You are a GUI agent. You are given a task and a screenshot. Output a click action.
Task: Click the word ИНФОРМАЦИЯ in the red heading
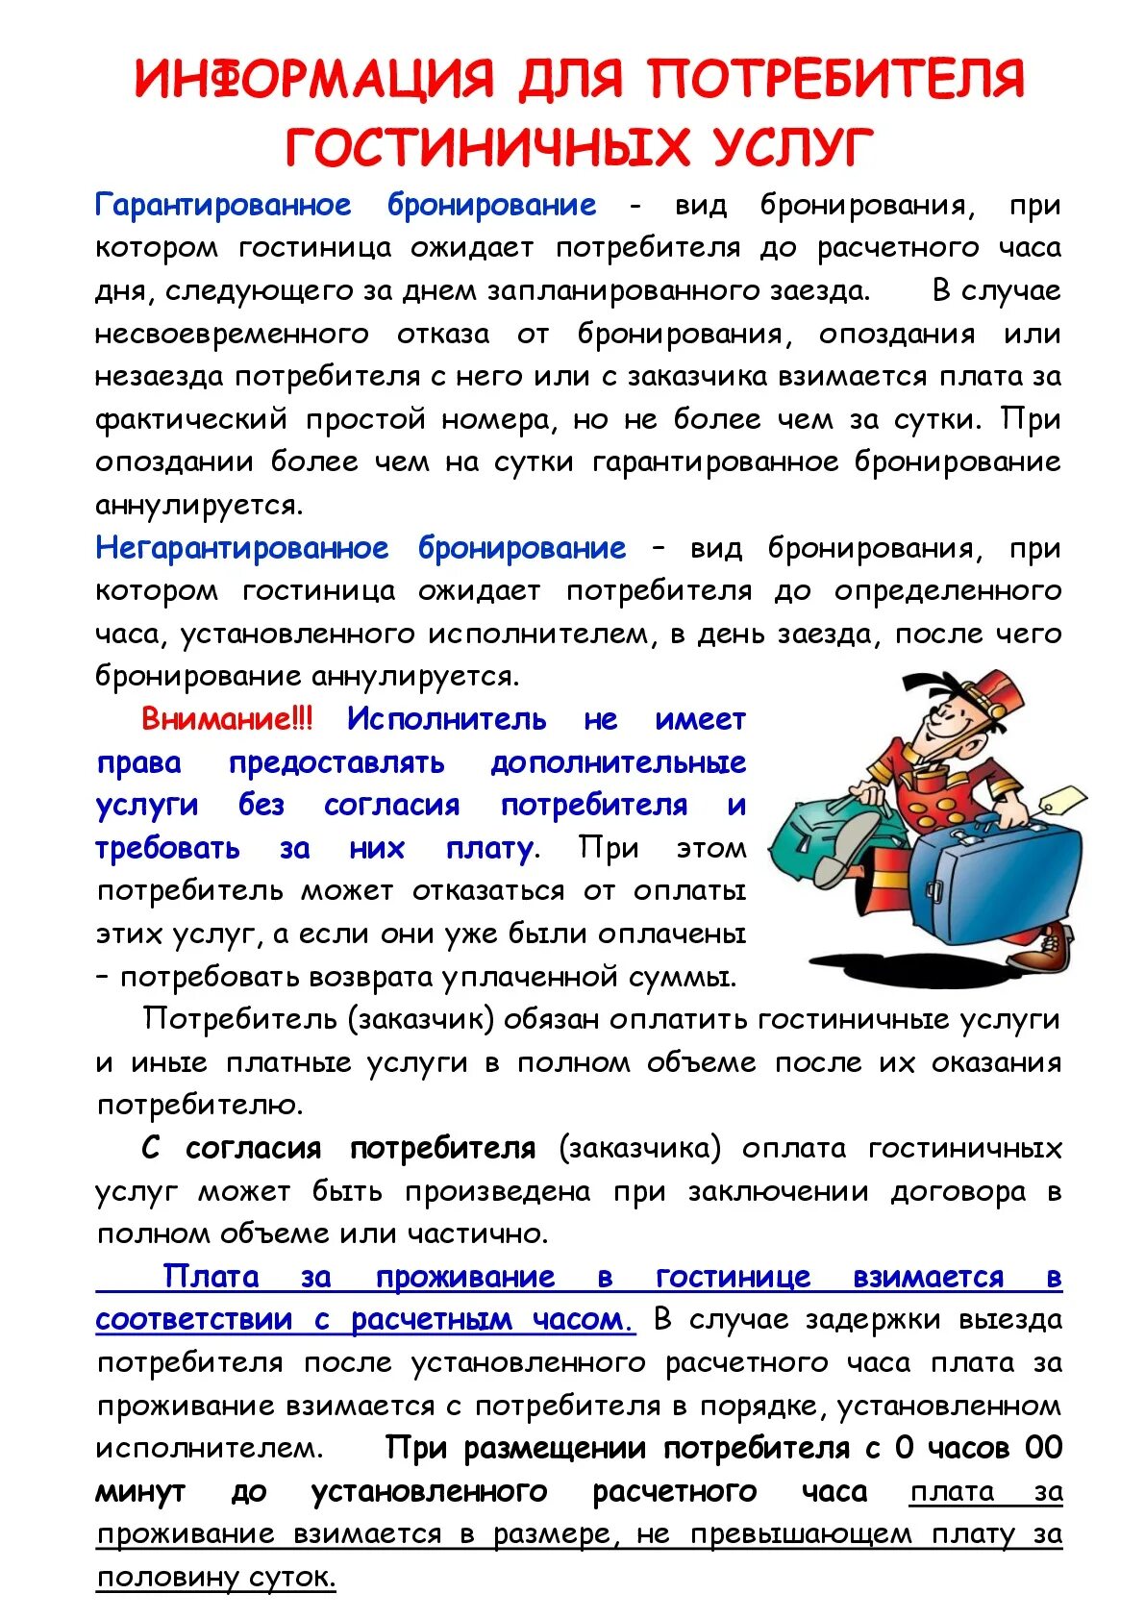coord(313,79)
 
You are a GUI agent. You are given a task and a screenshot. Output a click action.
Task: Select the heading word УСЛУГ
coord(792,148)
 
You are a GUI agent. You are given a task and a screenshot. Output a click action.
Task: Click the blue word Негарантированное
coord(241,548)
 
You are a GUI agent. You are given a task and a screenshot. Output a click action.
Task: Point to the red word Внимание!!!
coord(227,719)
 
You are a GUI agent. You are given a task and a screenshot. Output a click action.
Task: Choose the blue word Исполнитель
coord(446,719)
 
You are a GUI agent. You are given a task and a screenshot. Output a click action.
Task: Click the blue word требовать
coord(168,848)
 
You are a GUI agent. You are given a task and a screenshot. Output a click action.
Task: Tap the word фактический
coord(191,419)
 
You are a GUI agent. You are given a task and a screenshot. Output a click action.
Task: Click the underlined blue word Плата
coord(212,1277)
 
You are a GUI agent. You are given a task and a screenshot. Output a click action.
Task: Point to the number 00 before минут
coord(1043,1448)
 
